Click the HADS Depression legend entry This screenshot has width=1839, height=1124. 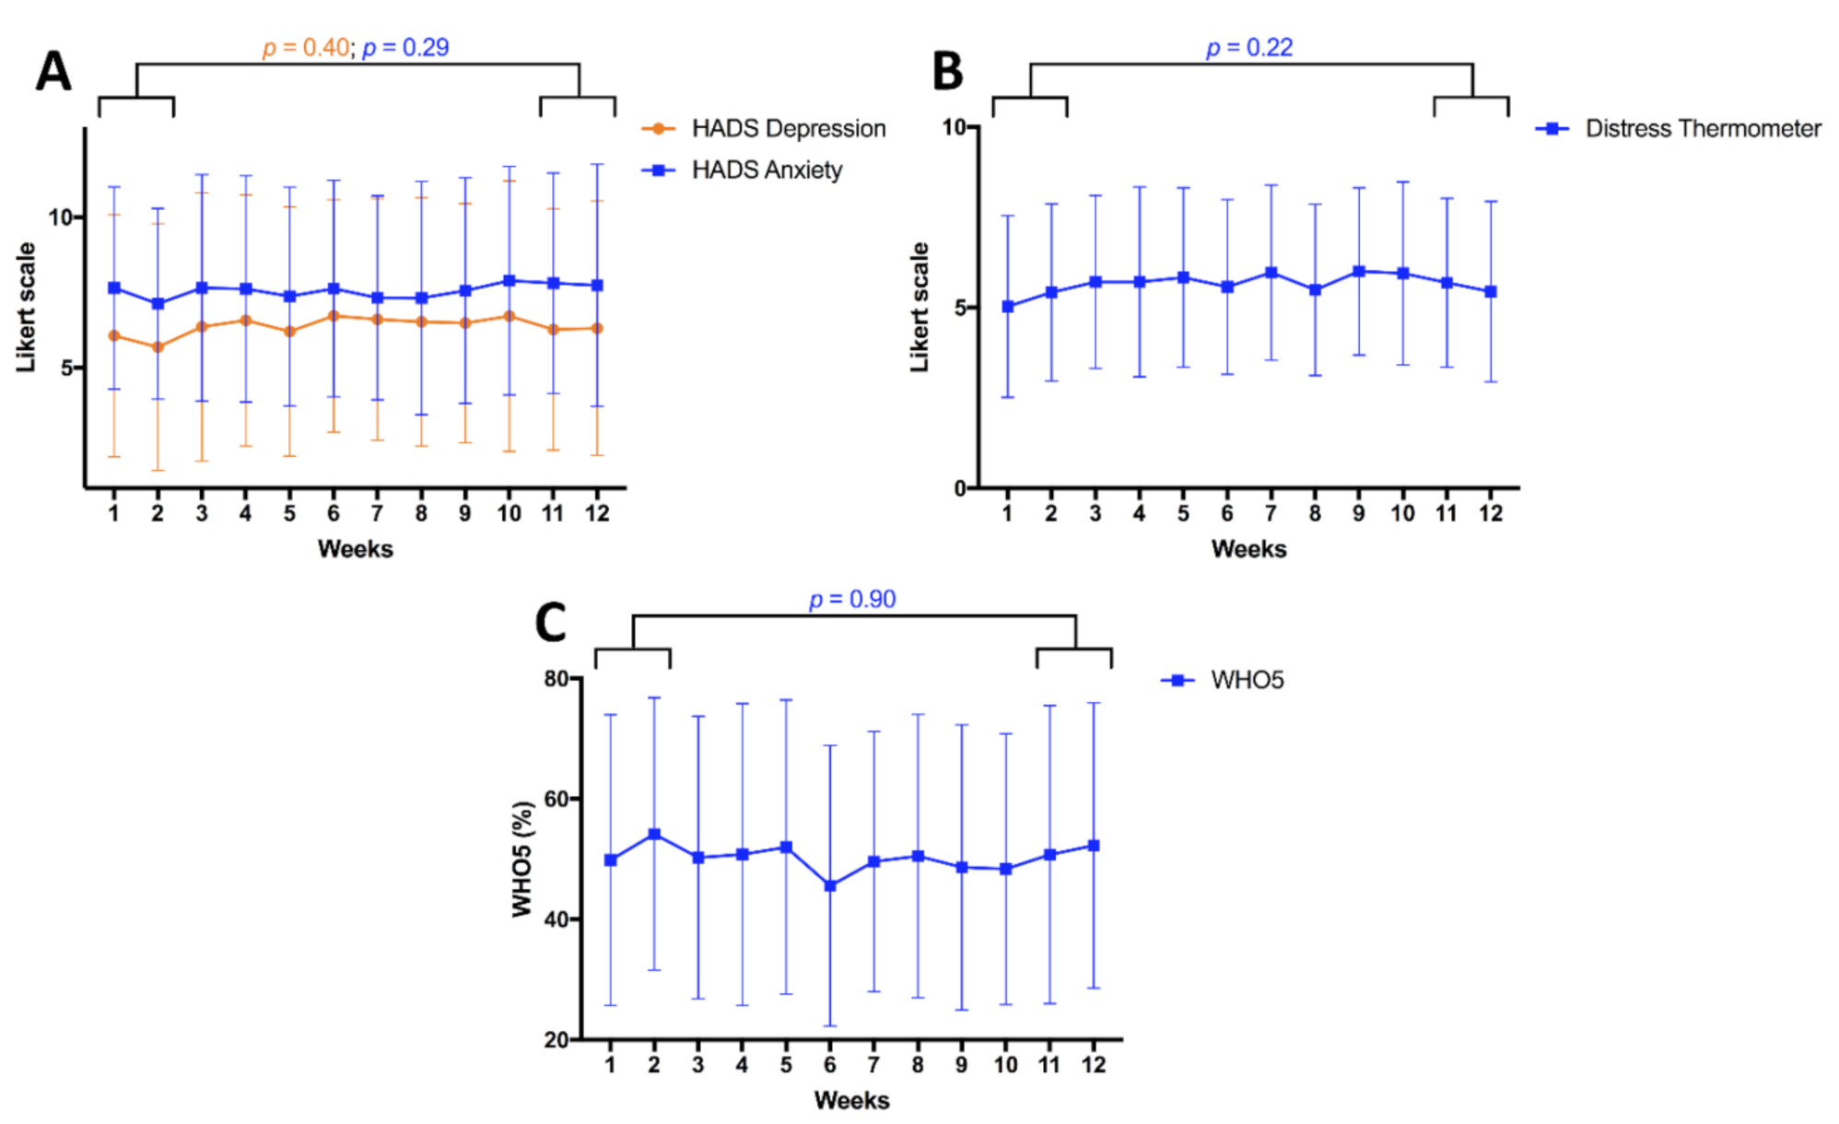(763, 128)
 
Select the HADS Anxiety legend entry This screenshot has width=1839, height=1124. (742, 170)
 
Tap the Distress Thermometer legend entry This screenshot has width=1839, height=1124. (1678, 128)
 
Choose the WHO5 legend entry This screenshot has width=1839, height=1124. (1222, 680)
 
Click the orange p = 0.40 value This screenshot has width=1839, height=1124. (306, 48)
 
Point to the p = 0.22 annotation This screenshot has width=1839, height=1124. (1249, 48)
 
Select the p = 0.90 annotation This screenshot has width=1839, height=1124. (852, 600)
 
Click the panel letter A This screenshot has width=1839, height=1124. (53, 71)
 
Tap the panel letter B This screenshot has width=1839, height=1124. (948, 71)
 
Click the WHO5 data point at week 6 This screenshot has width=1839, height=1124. (830, 885)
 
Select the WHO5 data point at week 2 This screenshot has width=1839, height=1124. (654, 835)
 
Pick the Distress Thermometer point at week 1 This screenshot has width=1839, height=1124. (1007, 307)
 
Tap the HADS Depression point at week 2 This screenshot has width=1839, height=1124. (158, 347)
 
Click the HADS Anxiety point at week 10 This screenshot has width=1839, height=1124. (510, 281)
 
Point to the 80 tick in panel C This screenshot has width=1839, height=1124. (556, 678)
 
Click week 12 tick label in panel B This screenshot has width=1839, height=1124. (1491, 513)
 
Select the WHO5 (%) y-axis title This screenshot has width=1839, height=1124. (522, 859)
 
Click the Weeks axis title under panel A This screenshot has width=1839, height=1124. (356, 549)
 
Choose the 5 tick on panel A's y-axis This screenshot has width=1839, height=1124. (66, 368)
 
